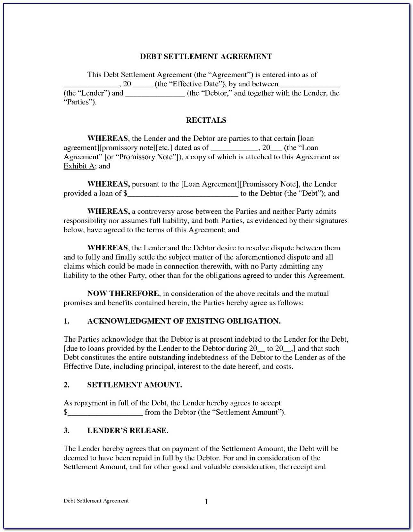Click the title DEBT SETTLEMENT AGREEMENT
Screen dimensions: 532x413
[x=206, y=57]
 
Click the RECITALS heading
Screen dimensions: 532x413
[x=206, y=120]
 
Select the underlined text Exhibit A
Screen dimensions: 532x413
[x=79, y=166]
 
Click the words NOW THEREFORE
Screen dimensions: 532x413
[x=123, y=294]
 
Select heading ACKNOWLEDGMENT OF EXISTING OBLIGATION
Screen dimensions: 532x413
[x=184, y=321]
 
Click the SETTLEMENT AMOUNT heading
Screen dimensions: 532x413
[x=135, y=385]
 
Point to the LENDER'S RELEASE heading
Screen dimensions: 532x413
[x=128, y=431]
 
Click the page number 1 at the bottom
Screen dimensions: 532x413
[x=206, y=502]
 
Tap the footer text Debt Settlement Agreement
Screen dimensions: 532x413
[x=96, y=501]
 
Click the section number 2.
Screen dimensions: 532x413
[x=66, y=385]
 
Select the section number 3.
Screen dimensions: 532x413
[x=66, y=431]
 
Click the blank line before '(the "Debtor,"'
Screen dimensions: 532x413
[x=155, y=93]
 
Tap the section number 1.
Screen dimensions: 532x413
[x=66, y=321]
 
